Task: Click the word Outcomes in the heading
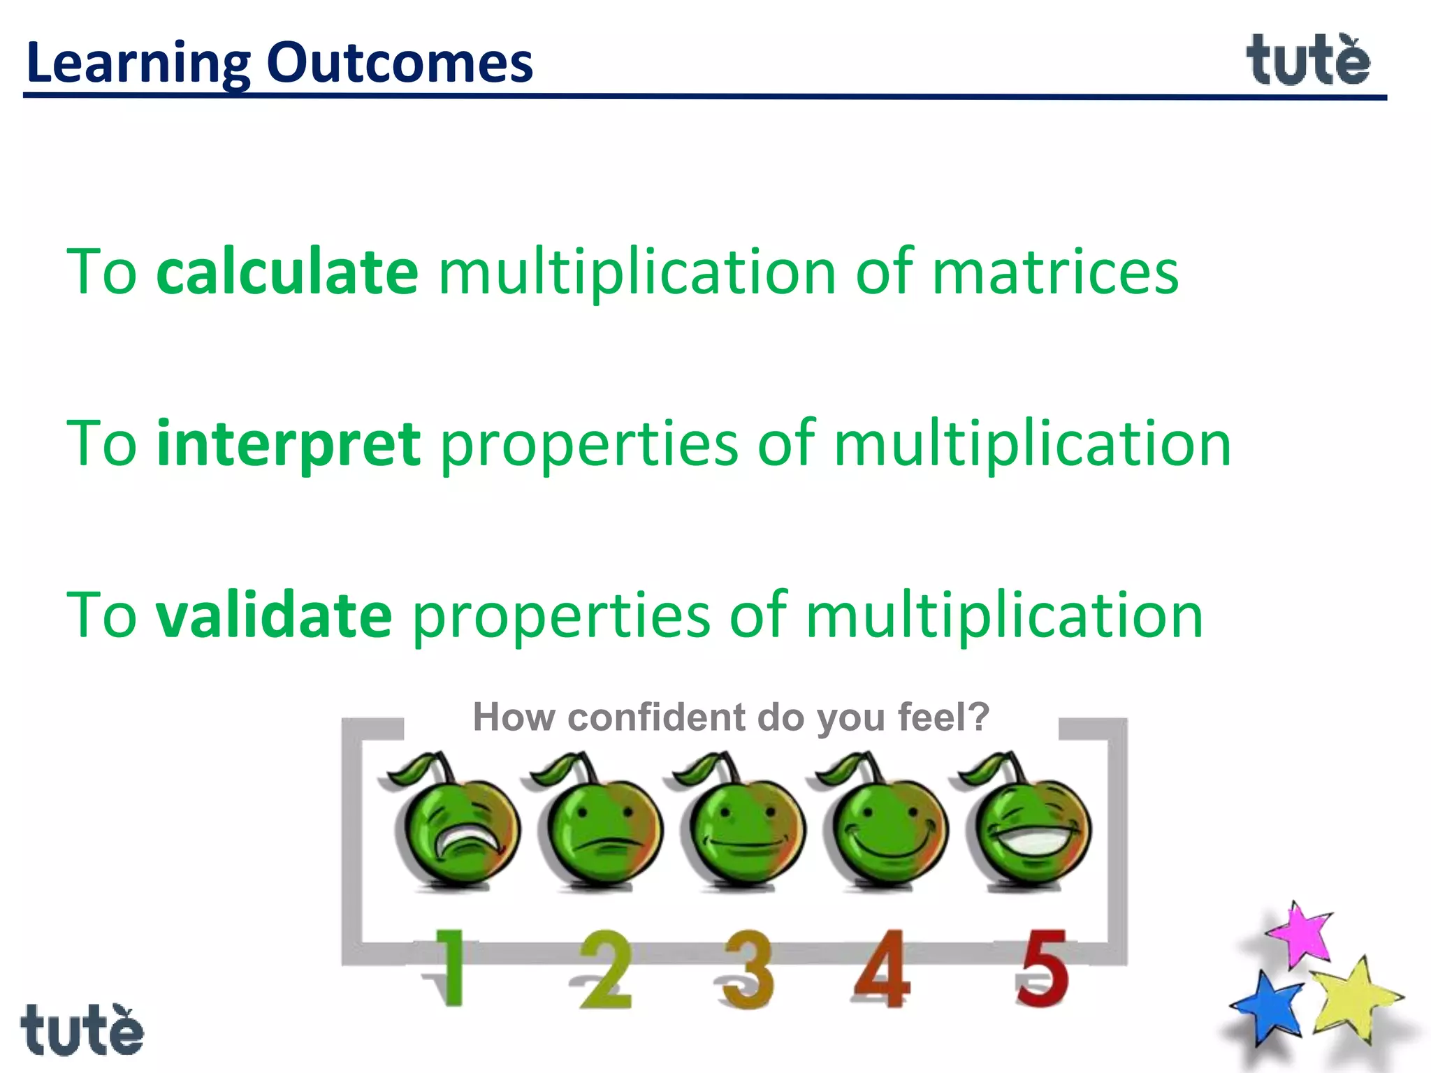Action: click(x=400, y=63)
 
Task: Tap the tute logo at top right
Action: click(x=1308, y=61)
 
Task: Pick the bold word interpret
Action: click(x=289, y=444)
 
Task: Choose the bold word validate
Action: click(x=274, y=615)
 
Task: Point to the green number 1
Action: click(x=450, y=968)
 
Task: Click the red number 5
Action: click(x=1042, y=968)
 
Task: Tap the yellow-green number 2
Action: click(x=605, y=970)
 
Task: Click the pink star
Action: click(x=1301, y=934)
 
